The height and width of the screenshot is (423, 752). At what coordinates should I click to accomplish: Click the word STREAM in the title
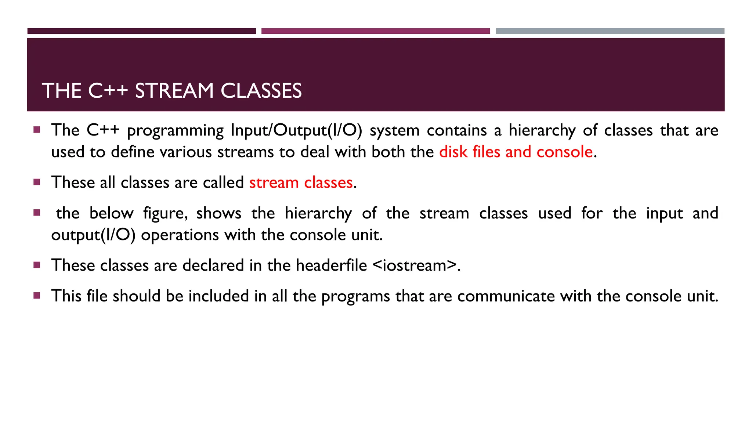(174, 91)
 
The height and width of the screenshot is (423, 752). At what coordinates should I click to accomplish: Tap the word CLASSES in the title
(261, 91)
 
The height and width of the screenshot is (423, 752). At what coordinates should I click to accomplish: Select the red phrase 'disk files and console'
(516, 152)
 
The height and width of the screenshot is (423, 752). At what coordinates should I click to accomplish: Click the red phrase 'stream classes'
(301, 182)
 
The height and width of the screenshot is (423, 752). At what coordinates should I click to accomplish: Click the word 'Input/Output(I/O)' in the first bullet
(296, 130)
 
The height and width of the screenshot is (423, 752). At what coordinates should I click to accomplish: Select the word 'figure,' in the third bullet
(165, 214)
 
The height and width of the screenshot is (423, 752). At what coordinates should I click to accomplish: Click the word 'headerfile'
(331, 265)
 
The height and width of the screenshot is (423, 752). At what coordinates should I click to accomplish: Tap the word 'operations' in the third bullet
(180, 235)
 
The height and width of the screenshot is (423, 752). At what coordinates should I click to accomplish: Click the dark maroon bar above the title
(141, 31)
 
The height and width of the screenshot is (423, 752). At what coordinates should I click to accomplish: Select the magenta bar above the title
(375, 31)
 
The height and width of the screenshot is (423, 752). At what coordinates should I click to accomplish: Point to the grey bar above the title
(610, 31)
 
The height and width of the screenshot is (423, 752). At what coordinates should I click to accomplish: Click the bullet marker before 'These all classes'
(37, 182)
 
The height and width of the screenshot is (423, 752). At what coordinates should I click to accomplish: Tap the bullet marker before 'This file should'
(37, 295)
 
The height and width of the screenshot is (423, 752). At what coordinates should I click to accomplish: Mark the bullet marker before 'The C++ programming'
(37, 130)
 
